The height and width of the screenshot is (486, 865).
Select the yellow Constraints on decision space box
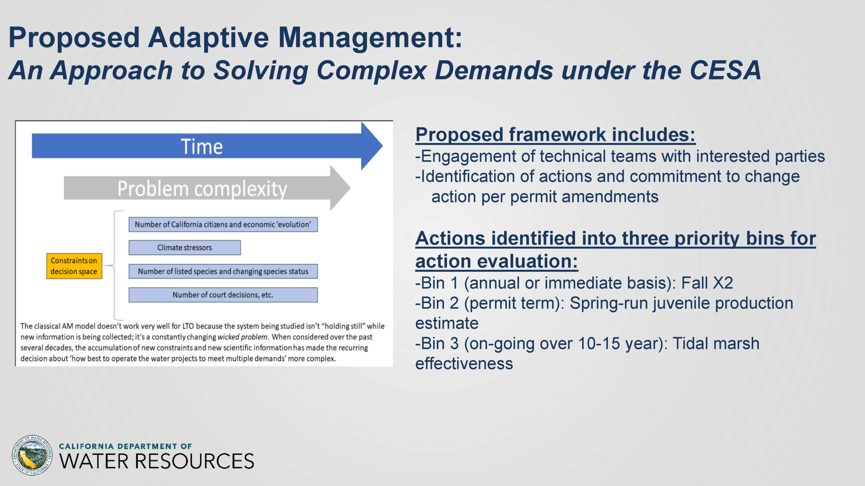(x=74, y=266)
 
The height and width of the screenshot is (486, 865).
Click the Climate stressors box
(x=184, y=247)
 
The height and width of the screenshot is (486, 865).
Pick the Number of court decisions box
(x=223, y=295)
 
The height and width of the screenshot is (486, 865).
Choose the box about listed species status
(x=223, y=271)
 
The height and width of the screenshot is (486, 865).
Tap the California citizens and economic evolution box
(x=223, y=224)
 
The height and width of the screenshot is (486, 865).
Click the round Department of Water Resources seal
(x=32, y=455)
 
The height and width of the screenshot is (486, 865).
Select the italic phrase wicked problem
(x=243, y=337)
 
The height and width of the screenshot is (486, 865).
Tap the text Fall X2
(x=707, y=283)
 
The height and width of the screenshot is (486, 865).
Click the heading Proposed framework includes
(x=555, y=134)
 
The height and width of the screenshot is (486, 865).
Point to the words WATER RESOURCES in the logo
(x=156, y=461)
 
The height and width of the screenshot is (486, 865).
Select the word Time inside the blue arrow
(x=202, y=146)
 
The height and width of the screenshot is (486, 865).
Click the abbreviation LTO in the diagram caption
(x=188, y=326)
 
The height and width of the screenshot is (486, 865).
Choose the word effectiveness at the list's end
(x=464, y=363)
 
